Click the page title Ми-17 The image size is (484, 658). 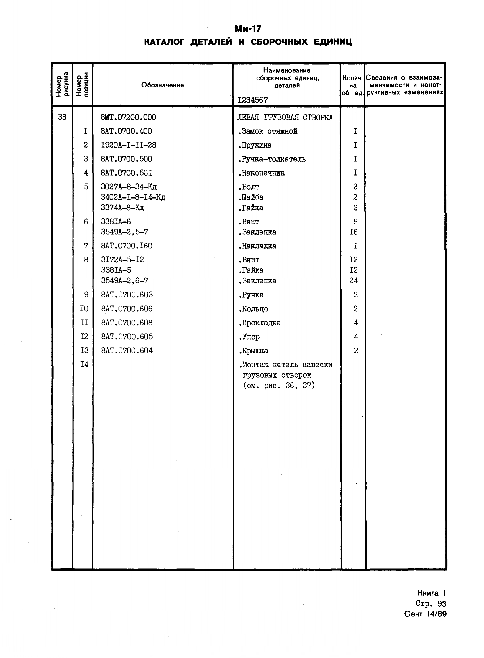click(x=248, y=29)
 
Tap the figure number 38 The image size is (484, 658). click(x=62, y=117)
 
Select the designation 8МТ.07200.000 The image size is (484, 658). click(x=128, y=117)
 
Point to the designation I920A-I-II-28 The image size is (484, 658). click(x=128, y=145)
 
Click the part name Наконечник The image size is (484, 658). click(x=262, y=173)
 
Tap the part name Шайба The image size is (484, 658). click(x=251, y=197)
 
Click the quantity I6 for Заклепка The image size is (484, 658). click(x=354, y=232)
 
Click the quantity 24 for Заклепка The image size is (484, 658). click(x=354, y=281)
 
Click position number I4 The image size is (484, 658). click(x=84, y=364)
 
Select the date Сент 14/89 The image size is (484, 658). click(x=425, y=614)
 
